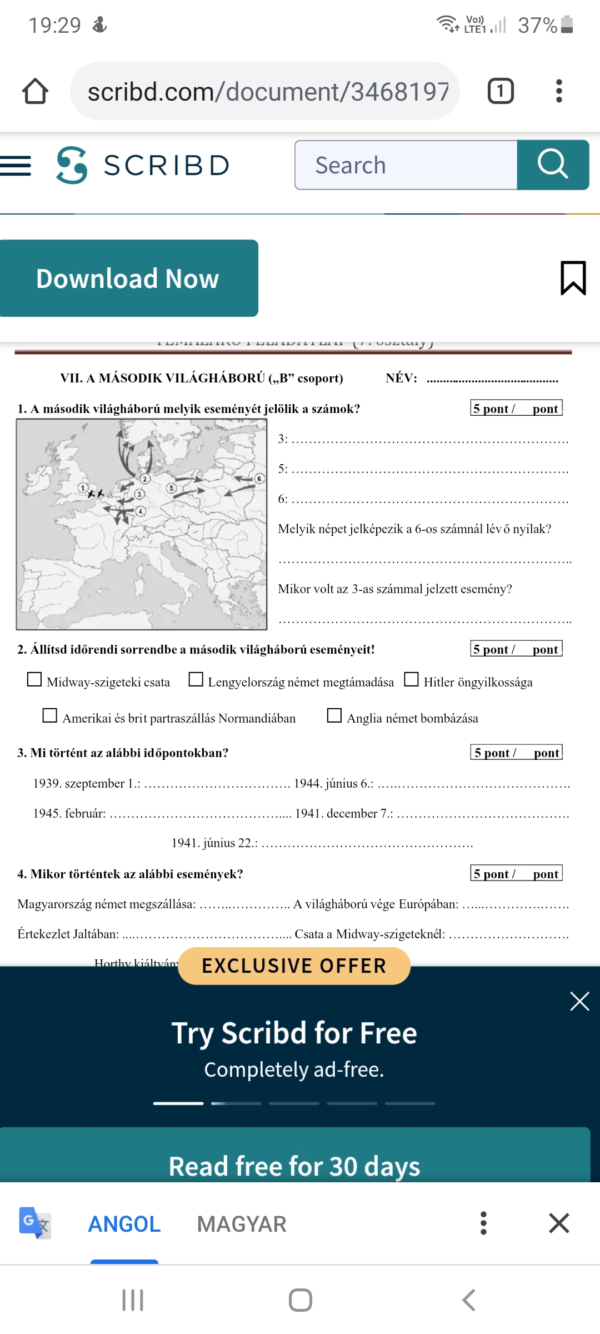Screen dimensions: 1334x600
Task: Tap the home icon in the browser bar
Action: [x=35, y=91]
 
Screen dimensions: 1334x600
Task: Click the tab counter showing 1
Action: [x=500, y=91]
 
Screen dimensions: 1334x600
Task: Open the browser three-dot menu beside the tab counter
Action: [x=559, y=91]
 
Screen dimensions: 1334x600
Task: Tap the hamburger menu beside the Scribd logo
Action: [x=16, y=166]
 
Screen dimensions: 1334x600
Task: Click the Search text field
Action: [x=406, y=165]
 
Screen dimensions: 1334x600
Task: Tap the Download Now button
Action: [x=128, y=278]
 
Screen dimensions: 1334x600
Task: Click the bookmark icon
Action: [x=573, y=277]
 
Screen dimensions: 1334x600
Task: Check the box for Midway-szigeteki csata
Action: [x=34, y=680]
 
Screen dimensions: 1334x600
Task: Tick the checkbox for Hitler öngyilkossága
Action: [x=411, y=680]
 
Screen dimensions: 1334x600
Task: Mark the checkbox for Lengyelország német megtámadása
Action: [x=196, y=680]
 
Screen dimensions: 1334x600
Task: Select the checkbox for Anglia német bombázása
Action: [x=334, y=715]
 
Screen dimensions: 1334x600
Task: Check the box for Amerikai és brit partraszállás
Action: [x=50, y=715]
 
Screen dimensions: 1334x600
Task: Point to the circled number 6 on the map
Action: [x=259, y=479]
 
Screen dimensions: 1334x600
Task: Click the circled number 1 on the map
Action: [x=83, y=488]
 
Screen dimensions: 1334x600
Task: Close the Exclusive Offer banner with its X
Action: [x=579, y=1002]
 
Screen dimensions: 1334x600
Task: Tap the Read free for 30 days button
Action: [x=294, y=1165]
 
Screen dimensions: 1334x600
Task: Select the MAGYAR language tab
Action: [x=242, y=1224]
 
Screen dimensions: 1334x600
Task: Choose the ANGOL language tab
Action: [x=124, y=1224]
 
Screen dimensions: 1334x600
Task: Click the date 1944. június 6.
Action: [x=333, y=784]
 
